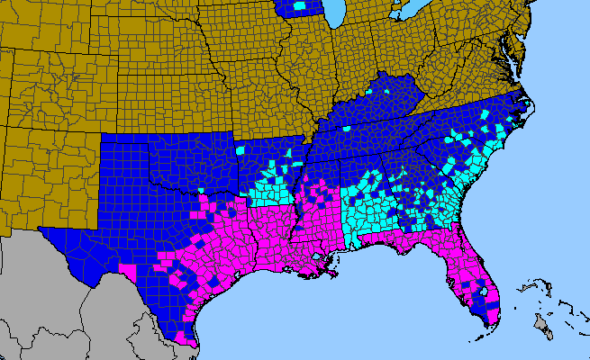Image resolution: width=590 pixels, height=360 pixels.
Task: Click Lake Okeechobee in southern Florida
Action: click(x=484, y=292)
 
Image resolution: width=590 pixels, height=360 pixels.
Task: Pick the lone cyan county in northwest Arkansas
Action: click(x=241, y=149)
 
